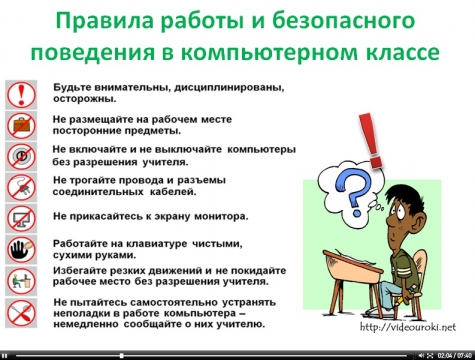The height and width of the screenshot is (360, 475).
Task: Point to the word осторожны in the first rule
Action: (86, 98)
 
